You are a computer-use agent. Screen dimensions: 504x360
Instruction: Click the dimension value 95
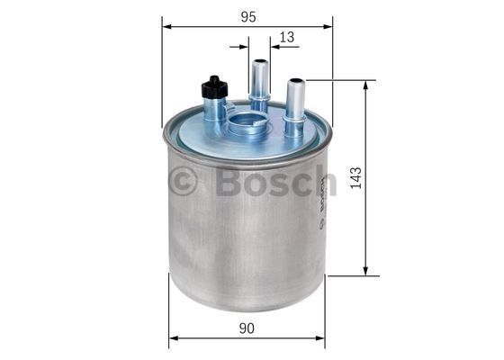[x=248, y=17]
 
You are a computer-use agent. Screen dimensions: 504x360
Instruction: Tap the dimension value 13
[x=287, y=37]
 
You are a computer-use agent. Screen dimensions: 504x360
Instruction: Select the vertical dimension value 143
[x=355, y=178]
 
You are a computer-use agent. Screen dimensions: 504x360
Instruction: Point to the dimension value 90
[x=247, y=328]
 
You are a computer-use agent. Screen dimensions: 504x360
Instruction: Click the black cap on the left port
[x=214, y=87]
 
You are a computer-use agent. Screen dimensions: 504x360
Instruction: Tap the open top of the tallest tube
[x=260, y=61]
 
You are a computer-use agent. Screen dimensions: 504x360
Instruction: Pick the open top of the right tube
[x=296, y=80]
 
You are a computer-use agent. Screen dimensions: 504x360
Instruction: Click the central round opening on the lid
[x=247, y=121]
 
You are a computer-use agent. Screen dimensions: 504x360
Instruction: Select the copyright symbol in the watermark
[x=182, y=181]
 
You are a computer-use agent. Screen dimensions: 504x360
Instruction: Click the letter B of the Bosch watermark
[x=228, y=181]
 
